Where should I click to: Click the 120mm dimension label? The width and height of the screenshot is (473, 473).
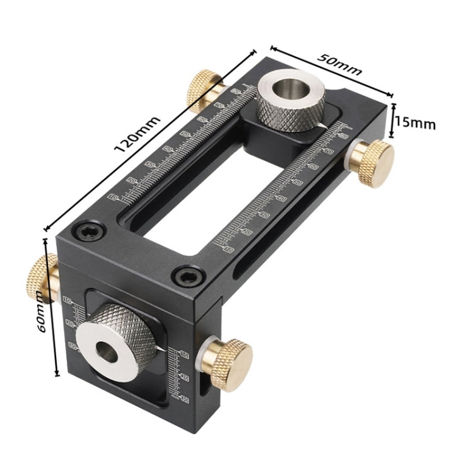click(137, 135)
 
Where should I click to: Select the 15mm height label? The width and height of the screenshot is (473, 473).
click(415, 123)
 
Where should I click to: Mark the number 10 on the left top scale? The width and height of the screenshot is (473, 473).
click(113, 197)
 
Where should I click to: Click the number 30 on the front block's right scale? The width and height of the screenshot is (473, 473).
click(185, 399)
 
